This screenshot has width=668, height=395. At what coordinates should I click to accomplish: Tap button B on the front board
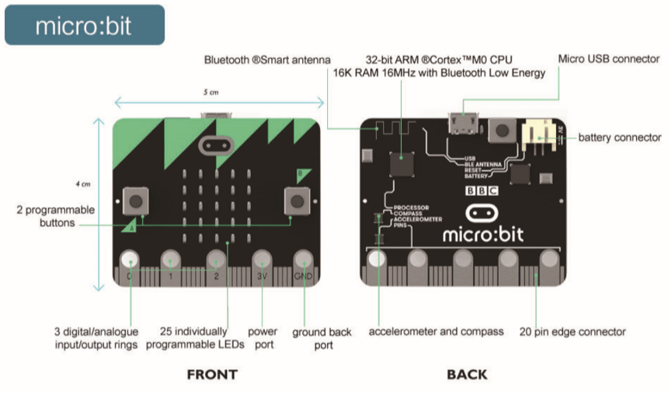[296, 201]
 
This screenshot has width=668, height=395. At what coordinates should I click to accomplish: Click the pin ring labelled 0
[130, 260]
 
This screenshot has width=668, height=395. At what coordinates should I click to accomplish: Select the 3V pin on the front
[262, 260]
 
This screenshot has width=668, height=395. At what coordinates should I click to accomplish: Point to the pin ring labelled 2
[217, 260]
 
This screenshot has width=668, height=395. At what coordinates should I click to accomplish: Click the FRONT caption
[212, 375]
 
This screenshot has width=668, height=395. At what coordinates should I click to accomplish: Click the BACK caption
[467, 375]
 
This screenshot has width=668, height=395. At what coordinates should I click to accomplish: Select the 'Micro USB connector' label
[608, 59]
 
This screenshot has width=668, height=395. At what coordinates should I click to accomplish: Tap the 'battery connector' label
[620, 138]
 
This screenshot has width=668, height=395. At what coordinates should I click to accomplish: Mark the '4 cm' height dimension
[82, 184]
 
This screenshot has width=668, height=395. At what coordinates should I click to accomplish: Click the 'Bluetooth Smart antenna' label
[267, 59]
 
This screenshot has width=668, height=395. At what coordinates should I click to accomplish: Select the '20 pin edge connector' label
[572, 331]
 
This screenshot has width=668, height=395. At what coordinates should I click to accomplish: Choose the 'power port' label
[262, 337]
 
